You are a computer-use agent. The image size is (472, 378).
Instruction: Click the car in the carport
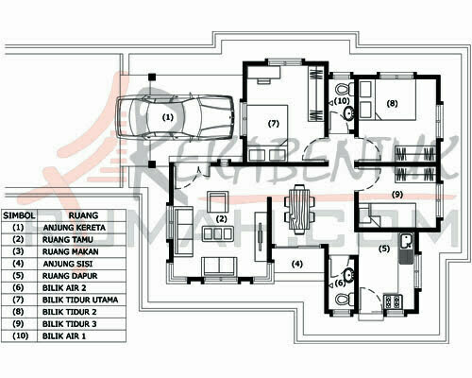176,117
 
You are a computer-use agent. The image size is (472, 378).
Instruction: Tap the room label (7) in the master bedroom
274,124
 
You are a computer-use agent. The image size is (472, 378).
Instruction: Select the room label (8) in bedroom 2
392,103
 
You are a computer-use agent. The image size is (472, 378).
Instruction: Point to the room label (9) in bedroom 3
397,195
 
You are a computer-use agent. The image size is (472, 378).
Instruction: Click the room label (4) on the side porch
296,264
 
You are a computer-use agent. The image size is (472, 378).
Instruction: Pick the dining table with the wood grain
300,209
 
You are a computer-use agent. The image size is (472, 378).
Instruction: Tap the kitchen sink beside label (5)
406,249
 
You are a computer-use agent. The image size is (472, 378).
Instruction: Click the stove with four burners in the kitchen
393,301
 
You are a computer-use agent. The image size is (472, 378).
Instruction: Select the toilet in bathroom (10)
345,89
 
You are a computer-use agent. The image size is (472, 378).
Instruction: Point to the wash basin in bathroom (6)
348,275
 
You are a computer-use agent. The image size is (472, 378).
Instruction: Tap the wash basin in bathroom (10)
348,113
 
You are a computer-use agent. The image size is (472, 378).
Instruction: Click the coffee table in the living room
217,233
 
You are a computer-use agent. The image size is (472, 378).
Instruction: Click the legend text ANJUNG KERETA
75,228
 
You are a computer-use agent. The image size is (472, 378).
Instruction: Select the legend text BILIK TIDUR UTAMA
80,300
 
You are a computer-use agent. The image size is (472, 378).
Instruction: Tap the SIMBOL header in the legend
19,215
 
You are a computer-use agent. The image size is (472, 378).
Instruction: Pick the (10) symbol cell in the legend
20,335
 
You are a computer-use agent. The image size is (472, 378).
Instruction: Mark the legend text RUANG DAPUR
70,276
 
